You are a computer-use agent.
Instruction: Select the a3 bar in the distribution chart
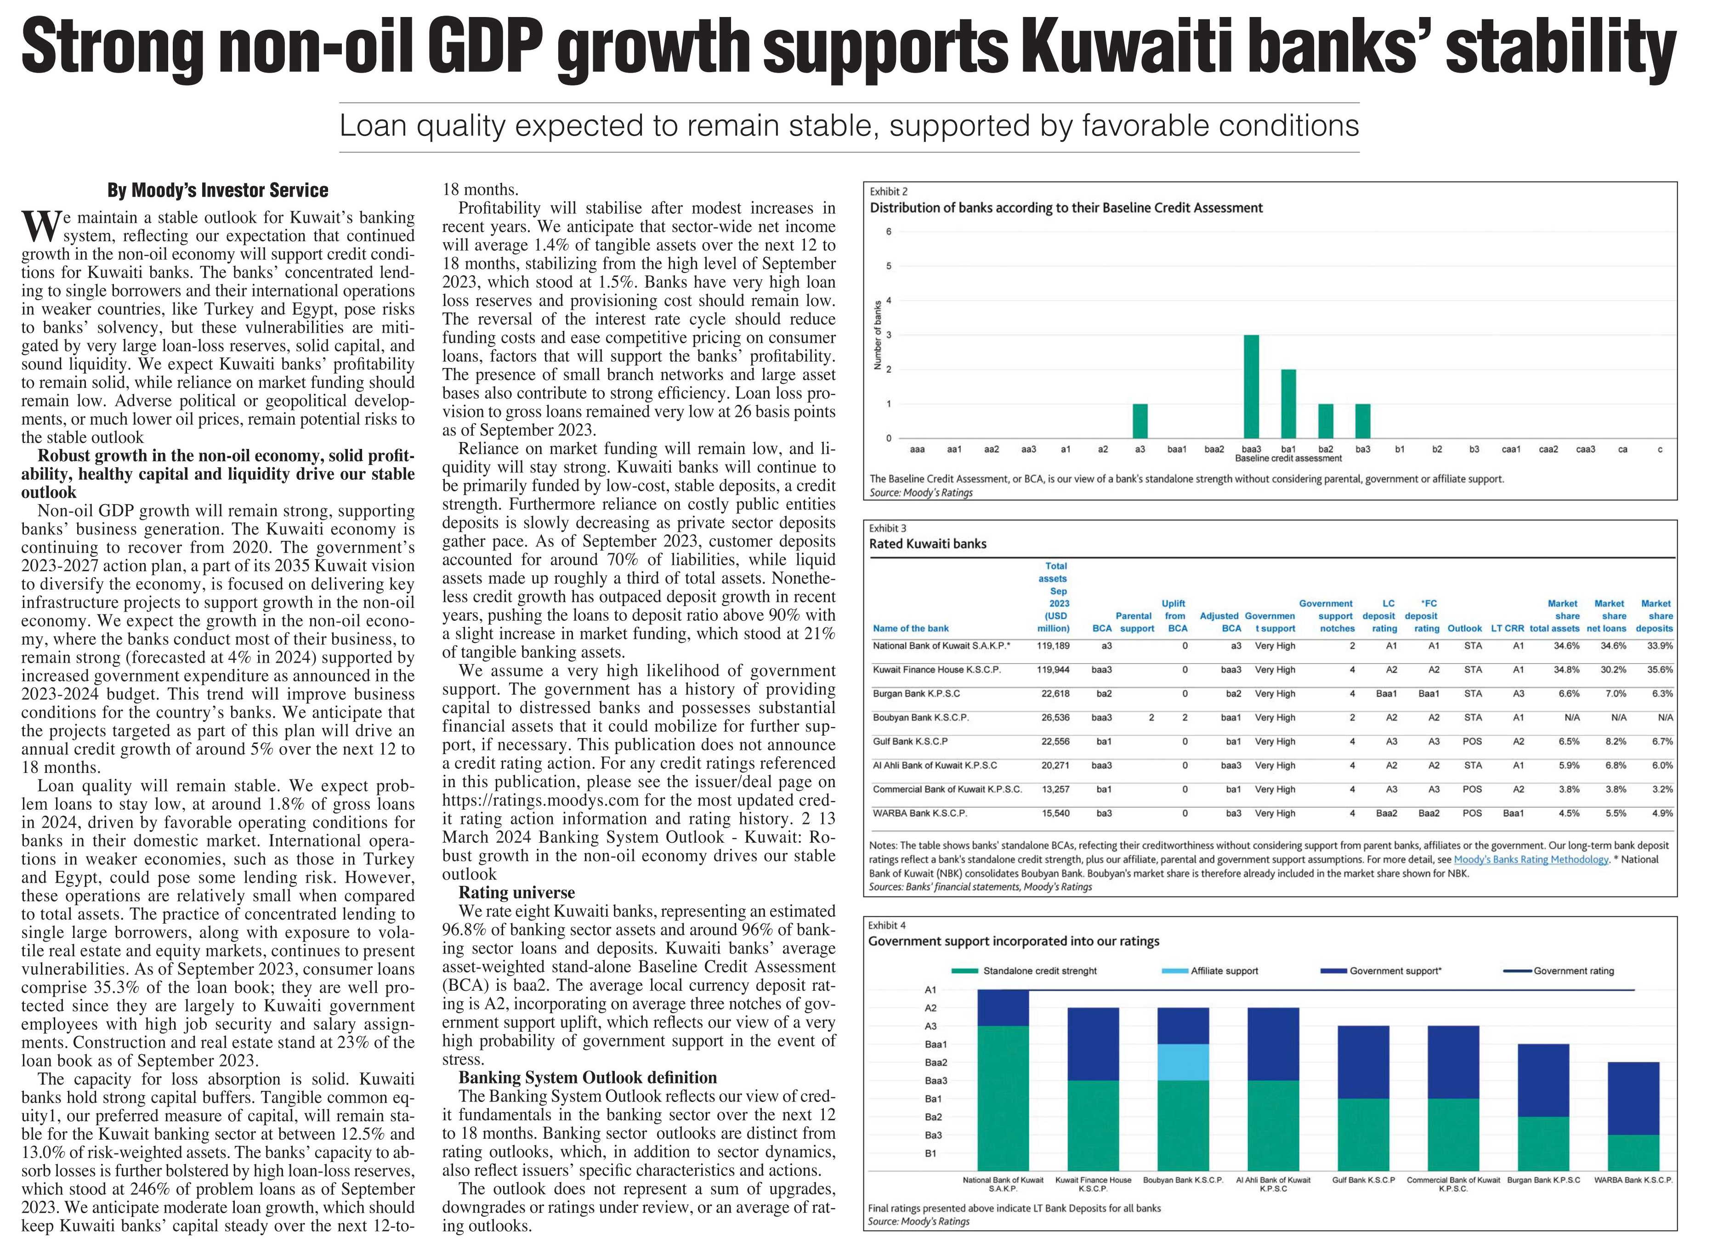point(1140,421)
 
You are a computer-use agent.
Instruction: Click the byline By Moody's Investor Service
point(218,190)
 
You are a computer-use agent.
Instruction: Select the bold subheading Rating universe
point(516,892)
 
